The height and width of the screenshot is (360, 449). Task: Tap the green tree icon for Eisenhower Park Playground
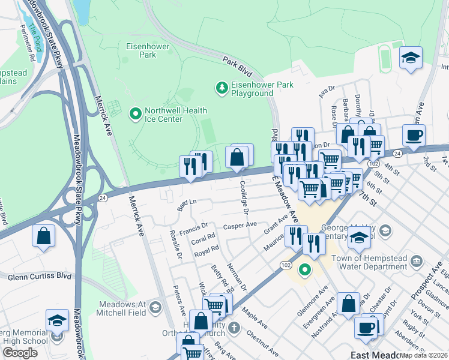coord(222,89)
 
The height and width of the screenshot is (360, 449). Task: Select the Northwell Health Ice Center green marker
coord(135,113)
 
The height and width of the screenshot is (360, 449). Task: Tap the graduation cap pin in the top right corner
coord(411,58)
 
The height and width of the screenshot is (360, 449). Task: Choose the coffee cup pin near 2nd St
coord(414,136)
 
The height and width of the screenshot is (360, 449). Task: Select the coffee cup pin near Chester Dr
coord(365,327)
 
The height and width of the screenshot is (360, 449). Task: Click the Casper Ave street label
coord(240,226)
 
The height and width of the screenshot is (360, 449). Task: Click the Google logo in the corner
coord(20,352)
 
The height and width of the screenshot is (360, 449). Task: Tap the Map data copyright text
coord(424,355)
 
